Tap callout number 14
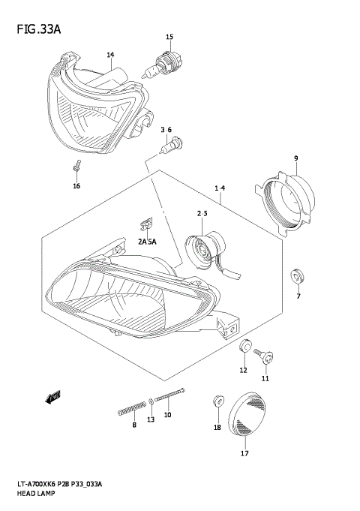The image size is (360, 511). (x=110, y=55)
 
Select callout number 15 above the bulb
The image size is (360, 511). (x=169, y=37)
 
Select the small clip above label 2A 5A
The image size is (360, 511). (x=147, y=222)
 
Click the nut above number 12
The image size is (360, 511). (x=244, y=347)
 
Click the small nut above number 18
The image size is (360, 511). (x=217, y=401)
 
